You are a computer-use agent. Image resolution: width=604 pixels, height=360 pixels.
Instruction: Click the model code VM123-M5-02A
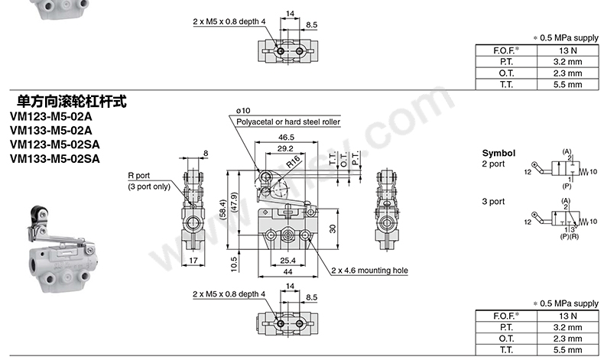point(51,116)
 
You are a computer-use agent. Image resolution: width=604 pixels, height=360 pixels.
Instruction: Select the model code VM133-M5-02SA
point(55,159)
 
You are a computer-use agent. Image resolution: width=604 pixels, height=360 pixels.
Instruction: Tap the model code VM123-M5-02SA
point(55,144)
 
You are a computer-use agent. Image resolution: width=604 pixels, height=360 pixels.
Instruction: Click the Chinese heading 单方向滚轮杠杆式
point(72,101)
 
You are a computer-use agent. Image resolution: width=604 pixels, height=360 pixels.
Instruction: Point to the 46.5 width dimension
point(286,137)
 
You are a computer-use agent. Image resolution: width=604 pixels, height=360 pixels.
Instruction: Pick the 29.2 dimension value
point(285,148)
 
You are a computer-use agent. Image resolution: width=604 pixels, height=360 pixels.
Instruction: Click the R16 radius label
point(293,162)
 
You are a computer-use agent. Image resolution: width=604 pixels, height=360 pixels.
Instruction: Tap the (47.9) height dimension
point(234,202)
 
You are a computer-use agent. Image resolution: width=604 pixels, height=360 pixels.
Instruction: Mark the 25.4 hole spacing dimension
point(287,261)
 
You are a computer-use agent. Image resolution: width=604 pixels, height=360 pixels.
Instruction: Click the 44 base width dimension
point(287,272)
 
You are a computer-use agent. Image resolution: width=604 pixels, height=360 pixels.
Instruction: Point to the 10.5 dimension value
point(234,264)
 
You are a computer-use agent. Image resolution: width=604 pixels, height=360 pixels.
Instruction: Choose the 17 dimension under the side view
point(193,261)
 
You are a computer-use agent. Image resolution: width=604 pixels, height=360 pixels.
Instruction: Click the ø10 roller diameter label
point(243,111)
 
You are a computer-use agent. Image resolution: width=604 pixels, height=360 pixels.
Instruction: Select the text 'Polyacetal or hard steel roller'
point(288,122)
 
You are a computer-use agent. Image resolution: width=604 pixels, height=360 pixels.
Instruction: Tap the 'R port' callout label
point(138,176)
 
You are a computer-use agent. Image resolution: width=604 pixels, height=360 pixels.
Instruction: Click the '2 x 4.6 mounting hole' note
point(369,271)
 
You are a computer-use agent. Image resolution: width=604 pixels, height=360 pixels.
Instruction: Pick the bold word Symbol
point(498,153)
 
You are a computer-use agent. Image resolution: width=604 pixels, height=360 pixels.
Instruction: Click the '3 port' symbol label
point(493,201)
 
